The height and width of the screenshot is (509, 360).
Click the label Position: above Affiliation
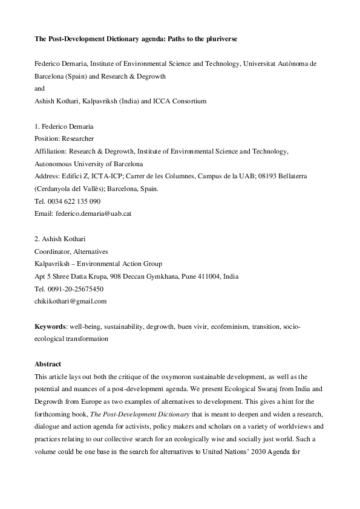pos(48,138)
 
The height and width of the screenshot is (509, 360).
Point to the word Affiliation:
pos(51,151)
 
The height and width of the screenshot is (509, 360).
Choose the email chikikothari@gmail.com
pos(71,301)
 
